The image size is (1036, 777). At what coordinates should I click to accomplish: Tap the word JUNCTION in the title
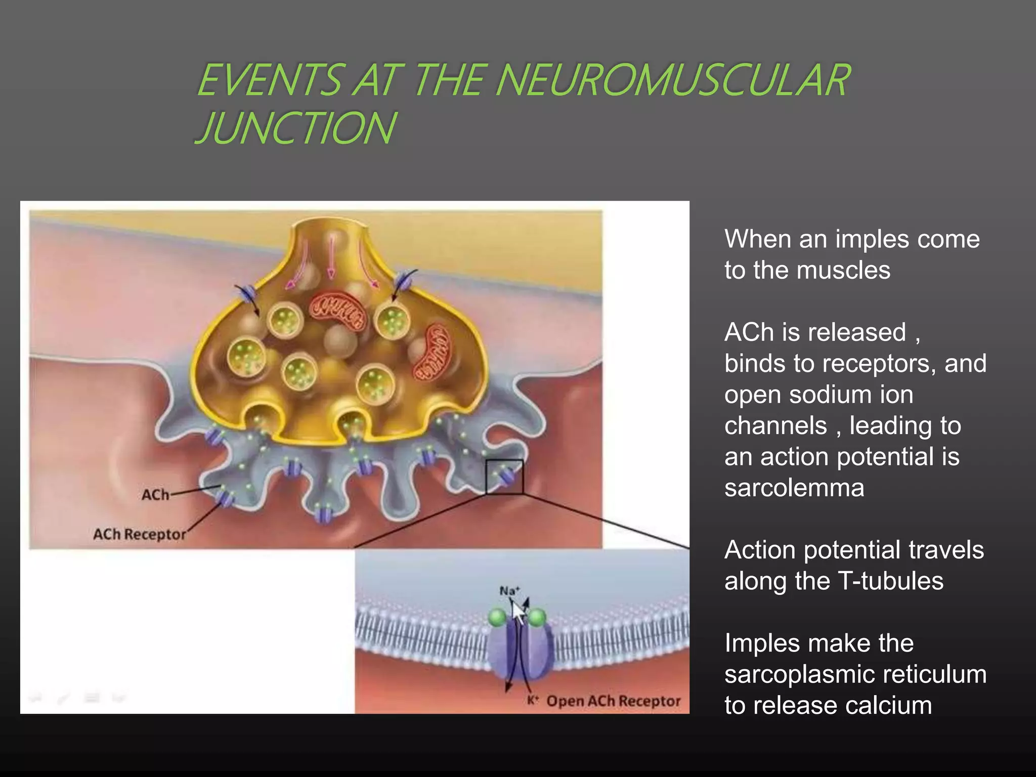[x=296, y=127]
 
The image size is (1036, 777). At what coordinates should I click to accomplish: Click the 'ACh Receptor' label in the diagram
[x=140, y=534]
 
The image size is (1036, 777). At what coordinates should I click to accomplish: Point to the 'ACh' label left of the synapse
[x=155, y=494]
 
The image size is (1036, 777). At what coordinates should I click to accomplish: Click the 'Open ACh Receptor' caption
[x=613, y=701]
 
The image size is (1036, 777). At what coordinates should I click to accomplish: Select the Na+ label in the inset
[x=509, y=591]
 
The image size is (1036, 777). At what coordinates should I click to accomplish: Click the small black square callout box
[x=504, y=477]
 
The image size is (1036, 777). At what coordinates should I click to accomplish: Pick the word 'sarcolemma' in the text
[x=794, y=488]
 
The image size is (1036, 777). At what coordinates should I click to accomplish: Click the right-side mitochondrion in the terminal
[x=433, y=353]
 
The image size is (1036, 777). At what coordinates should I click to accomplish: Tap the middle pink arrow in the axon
[x=332, y=258]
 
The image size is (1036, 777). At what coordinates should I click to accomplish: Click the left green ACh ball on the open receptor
[x=498, y=617]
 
